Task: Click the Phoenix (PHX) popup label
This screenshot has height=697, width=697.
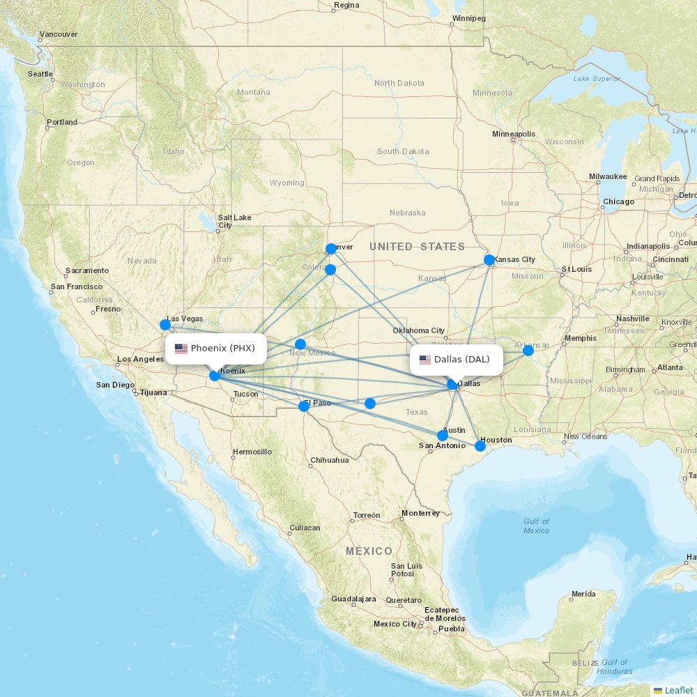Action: [x=216, y=348]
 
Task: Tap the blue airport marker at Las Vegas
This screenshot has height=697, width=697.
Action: [x=165, y=324]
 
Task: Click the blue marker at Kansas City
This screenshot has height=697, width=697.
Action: [x=489, y=260]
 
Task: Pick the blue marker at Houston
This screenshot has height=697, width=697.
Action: [x=480, y=445]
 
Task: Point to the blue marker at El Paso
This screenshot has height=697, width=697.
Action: [x=304, y=406]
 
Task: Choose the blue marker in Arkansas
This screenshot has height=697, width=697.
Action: [x=528, y=350]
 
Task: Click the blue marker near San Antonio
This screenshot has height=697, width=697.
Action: [x=443, y=436]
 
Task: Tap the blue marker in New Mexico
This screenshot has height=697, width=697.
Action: [x=300, y=344]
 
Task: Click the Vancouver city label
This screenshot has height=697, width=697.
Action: [x=59, y=34]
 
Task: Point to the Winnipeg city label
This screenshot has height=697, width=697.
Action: [x=468, y=18]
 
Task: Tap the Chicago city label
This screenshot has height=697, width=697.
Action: [x=619, y=202]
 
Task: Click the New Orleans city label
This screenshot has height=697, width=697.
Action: [x=585, y=437]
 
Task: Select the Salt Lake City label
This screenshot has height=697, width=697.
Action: [x=234, y=222]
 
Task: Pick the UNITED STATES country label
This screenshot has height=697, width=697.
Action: [x=417, y=247]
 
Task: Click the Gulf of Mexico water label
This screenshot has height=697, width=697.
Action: [x=536, y=526]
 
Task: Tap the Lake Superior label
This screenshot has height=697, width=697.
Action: [x=597, y=79]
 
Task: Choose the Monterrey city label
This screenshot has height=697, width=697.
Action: [x=420, y=514]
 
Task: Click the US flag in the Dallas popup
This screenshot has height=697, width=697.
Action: [x=425, y=360]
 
